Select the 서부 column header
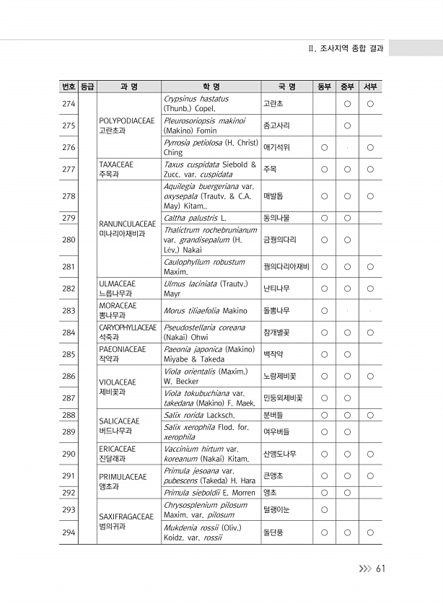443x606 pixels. (369, 87)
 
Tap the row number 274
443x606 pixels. (69, 104)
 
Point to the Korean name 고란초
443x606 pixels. (273, 104)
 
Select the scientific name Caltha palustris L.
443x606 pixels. (196, 217)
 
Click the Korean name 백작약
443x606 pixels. (273, 354)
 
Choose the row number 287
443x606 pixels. (69, 398)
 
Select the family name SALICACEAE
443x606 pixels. (119, 420)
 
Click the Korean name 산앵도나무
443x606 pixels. (280, 454)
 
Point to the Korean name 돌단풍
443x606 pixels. (273, 532)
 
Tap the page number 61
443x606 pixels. (380, 568)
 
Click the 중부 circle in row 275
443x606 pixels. (347, 126)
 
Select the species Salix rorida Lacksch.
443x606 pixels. (199, 415)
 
